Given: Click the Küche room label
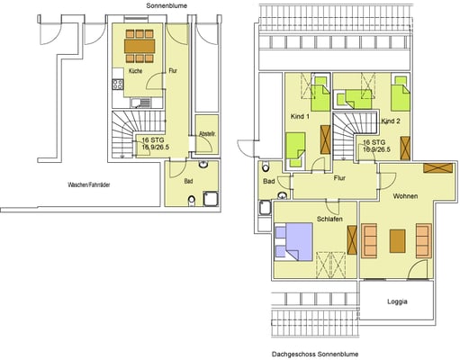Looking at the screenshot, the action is click(x=135, y=71).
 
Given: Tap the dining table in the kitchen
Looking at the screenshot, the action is click(x=140, y=46).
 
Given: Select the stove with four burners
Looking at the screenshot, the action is click(x=118, y=85).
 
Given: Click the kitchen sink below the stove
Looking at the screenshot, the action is click(x=140, y=103).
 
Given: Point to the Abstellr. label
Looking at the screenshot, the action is click(x=207, y=134).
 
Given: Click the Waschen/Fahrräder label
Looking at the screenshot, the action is click(x=89, y=184).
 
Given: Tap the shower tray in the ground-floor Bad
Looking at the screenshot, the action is click(x=212, y=199).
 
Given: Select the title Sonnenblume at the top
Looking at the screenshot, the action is click(x=167, y=5).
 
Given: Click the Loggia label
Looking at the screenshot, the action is click(x=397, y=301).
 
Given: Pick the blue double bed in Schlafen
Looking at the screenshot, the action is click(x=294, y=242).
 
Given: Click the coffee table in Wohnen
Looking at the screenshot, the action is click(x=397, y=241).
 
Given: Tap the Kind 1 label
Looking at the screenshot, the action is click(x=300, y=116).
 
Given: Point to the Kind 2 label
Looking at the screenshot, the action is click(x=391, y=121).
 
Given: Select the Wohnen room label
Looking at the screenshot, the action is click(x=405, y=196).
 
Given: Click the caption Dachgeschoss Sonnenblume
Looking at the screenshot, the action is click(x=315, y=355).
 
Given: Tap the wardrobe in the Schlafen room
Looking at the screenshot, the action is click(x=352, y=240).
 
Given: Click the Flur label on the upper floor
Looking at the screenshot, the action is click(x=339, y=178).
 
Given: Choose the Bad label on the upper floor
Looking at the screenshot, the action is click(x=269, y=181).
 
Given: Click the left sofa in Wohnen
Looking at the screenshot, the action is click(x=369, y=241).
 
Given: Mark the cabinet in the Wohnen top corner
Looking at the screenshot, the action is click(x=437, y=167).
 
